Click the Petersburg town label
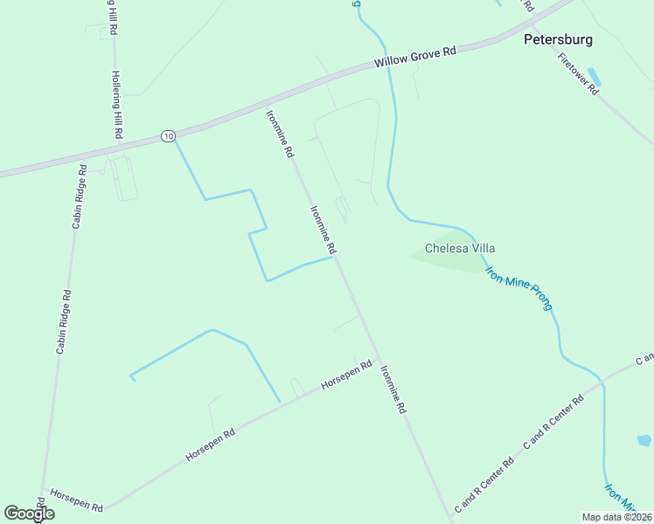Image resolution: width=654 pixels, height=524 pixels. pyautogui.click(x=558, y=39)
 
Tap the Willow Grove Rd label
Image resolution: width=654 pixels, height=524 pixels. pyautogui.click(x=415, y=58)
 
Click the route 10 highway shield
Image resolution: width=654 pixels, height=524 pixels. pyautogui.click(x=168, y=135)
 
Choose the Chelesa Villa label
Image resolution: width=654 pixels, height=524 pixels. pyautogui.click(x=460, y=248)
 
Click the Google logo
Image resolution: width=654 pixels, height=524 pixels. pyautogui.click(x=29, y=514)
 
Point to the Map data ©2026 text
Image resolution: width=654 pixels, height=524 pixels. pyautogui.click(x=616, y=517)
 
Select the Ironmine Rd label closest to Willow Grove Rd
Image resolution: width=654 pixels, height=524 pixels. pyautogui.click(x=281, y=132)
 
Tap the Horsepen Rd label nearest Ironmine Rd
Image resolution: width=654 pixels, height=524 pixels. pyautogui.click(x=346, y=375)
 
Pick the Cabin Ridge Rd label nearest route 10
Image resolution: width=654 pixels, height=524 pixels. pyautogui.click(x=78, y=196)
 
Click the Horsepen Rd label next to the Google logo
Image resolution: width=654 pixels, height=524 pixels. pyautogui.click(x=76, y=500)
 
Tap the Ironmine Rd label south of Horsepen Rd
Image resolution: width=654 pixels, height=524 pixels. pyautogui.click(x=393, y=389)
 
